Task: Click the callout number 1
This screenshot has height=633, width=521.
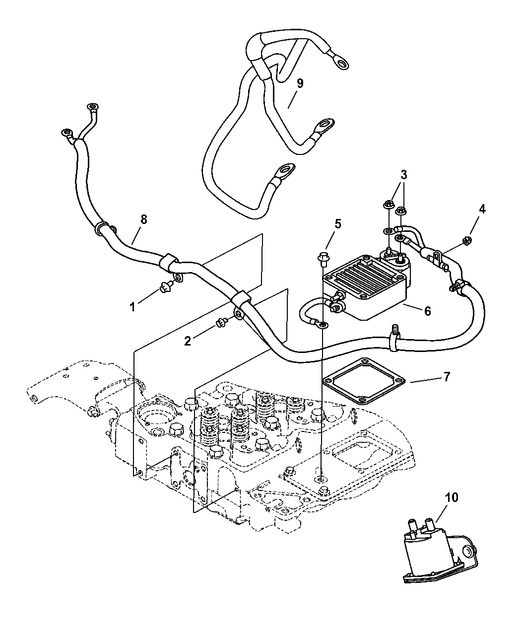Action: (x=132, y=307)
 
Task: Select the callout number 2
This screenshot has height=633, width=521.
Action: (x=188, y=341)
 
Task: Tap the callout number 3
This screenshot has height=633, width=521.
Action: (x=404, y=175)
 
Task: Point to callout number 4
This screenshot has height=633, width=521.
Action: (x=481, y=209)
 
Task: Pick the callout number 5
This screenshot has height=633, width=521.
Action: (x=337, y=223)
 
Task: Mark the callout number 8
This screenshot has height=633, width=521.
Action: (x=143, y=219)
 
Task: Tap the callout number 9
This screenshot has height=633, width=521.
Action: (x=300, y=83)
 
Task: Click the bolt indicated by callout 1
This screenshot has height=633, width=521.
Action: (x=164, y=285)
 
